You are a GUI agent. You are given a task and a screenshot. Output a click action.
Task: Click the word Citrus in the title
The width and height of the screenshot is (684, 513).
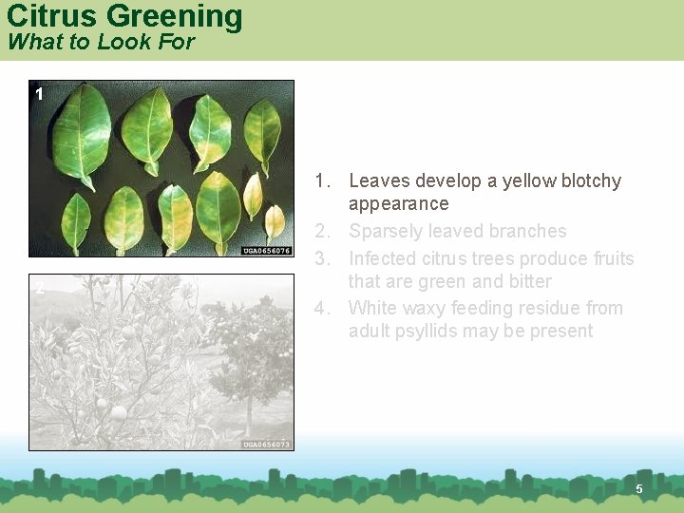[52, 16]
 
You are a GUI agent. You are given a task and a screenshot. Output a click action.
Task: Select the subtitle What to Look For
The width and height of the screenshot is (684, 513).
[100, 42]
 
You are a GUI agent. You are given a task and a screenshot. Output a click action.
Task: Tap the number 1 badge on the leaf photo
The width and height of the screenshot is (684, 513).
[39, 94]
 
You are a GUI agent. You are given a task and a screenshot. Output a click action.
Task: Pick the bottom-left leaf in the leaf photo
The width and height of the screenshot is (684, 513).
[76, 222]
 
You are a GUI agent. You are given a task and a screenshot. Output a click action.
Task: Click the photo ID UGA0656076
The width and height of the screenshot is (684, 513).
[266, 251]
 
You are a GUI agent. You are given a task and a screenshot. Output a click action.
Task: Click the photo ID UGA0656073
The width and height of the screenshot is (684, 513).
[266, 444]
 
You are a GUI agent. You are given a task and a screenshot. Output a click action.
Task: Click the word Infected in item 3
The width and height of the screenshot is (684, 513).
[383, 258]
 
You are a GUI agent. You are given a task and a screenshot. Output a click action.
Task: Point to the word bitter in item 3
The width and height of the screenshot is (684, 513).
[529, 281]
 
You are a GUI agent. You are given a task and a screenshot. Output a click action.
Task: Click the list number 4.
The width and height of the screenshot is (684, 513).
[322, 308]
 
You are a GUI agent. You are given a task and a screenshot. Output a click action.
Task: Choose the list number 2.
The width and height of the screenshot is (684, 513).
[322, 231]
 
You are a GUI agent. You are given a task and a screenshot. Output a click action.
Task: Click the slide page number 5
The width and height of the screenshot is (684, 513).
[639, 488]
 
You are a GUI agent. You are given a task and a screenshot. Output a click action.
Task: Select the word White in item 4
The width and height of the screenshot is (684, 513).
[372, 308]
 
